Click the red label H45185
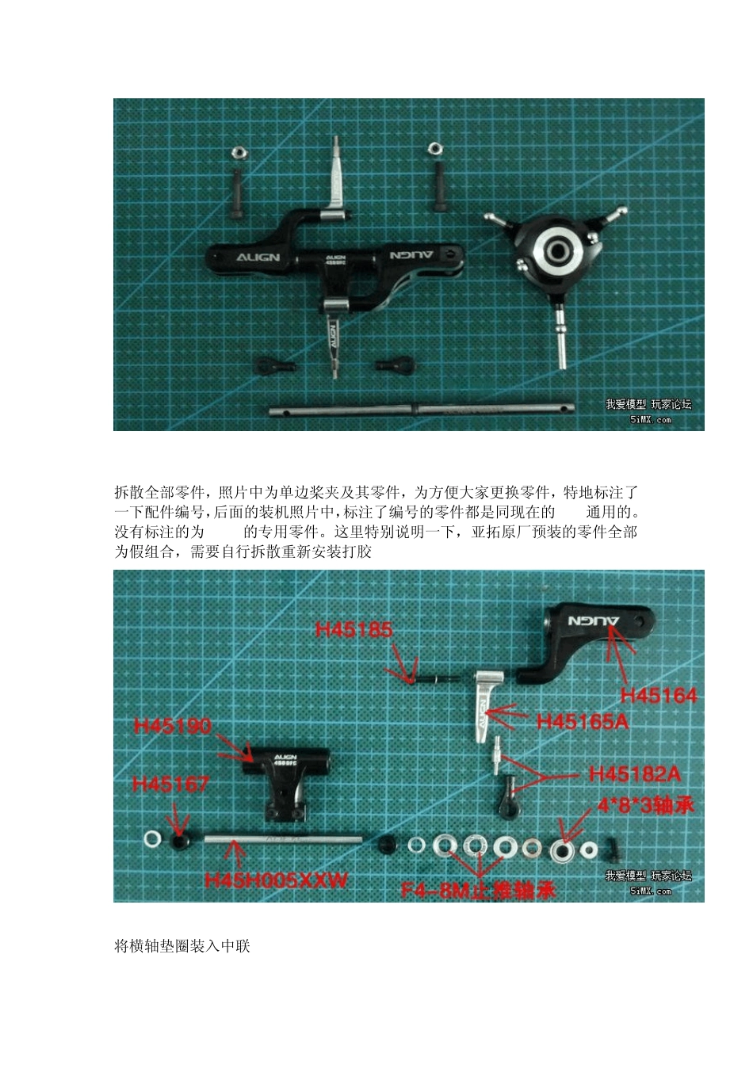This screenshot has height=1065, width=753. coord(354,630)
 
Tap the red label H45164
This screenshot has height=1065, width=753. coord(658,696)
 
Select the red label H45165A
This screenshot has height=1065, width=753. coord(582,721)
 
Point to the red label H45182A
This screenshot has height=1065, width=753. coord(635,773)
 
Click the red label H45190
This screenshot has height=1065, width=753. coord(173,726)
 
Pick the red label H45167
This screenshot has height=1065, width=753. coord(171,784)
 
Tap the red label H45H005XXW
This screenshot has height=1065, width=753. coord(276,880)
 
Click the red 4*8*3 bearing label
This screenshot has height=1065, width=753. coord(645,805)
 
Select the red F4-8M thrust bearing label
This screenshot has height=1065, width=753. coord(478,890)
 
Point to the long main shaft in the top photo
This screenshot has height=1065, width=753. coord(420,410)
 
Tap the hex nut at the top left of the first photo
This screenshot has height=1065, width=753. coord(236,152)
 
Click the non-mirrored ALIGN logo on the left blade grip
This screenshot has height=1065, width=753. coord(258,258)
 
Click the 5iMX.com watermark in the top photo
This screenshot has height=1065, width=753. coord(650,420)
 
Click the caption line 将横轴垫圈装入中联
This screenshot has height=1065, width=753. coord(182,946)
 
